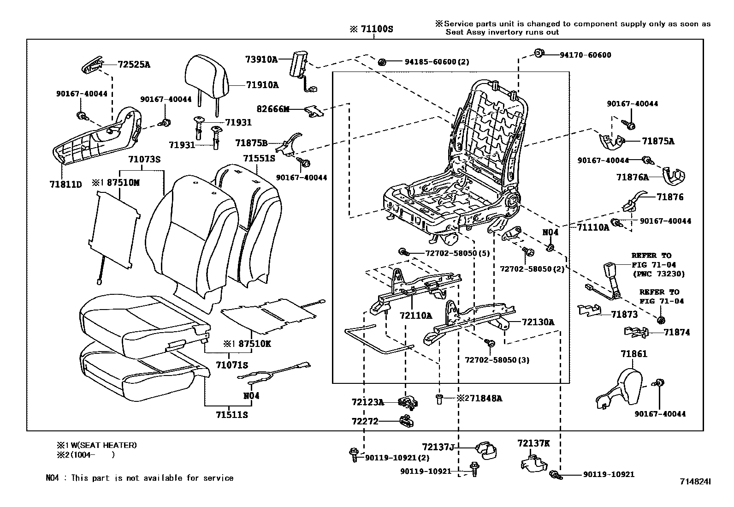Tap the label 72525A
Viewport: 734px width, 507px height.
pos(134,65)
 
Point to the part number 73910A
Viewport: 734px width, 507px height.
pos(261,59)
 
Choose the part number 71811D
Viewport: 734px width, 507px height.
pos(65,185)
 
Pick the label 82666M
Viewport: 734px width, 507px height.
pos(273,109)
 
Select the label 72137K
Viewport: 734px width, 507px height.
pos(533,443)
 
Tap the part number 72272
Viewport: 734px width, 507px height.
pos(365,421)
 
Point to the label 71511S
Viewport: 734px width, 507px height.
pos(231,415)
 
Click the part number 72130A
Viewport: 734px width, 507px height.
pos(538,322)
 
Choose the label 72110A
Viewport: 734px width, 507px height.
pos(416,316)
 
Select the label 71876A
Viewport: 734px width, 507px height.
pos(633,177)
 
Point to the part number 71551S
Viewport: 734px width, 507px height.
pos(259,158)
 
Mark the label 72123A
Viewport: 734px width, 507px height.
pos(367,402)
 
